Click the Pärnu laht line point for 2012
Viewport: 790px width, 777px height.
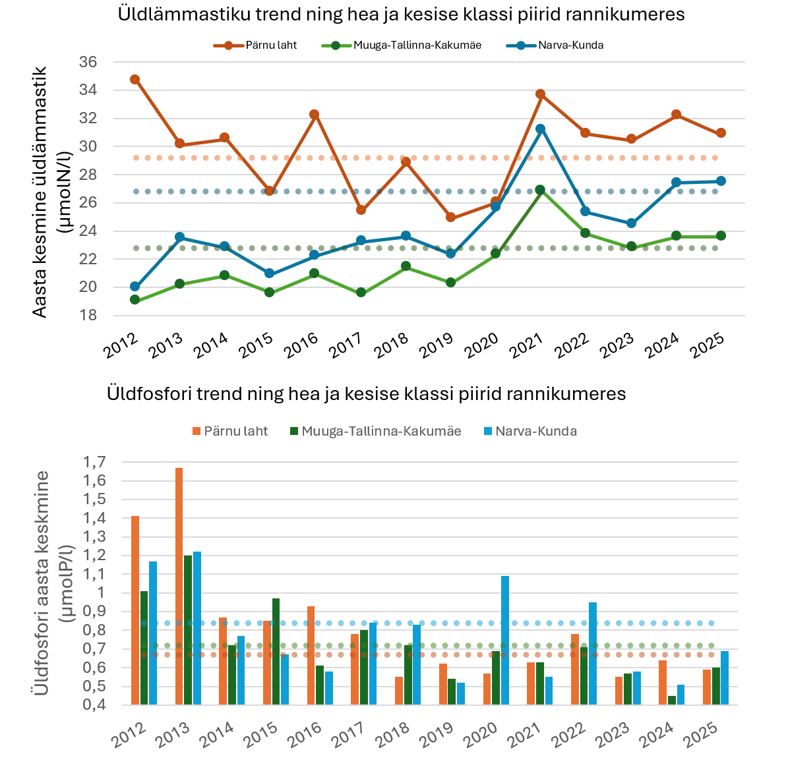coord(135,79)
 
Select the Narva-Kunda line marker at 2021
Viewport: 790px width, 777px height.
coord(540,129)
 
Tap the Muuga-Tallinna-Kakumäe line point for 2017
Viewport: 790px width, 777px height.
coord(361,292)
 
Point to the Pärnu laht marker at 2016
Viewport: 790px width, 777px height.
coord(314,114)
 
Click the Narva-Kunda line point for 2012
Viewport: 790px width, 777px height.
coord(135,287)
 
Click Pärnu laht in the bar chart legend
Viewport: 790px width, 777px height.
coord(230,431)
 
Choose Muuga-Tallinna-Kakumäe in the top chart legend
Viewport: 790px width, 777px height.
coord(402,45)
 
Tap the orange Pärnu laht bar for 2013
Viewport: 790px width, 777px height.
coord(179,586)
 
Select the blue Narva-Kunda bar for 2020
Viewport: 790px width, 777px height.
coord(505,640)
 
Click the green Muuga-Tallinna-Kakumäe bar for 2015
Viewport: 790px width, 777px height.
coord(276,652)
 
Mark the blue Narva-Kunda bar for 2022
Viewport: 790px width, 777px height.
coord(592,653)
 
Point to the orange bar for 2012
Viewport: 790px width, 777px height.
coord(135,610)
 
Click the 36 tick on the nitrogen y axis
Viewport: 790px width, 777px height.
coord(88,62)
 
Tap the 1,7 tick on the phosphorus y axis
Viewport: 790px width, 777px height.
coord(94,462)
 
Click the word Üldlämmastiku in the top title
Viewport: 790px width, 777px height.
coord(183,14)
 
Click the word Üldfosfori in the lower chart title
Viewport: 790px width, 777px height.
coord(149,393)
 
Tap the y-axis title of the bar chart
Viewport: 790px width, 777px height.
coord(52,583)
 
